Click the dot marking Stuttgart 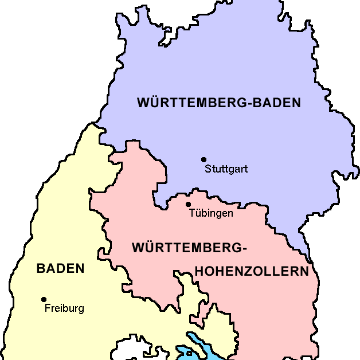point(204,159)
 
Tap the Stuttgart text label point(226,169)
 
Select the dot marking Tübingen point(188,204)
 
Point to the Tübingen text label point(210,213)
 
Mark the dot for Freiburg point(44,299)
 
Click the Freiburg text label point(64,308)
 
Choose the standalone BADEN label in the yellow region point(60,268)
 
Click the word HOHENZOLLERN point(252,271)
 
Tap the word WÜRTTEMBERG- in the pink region point(189,248)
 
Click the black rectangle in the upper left point(68,63)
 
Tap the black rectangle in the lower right point(328,310)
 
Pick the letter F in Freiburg point(47,308)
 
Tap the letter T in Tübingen point(191,213)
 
